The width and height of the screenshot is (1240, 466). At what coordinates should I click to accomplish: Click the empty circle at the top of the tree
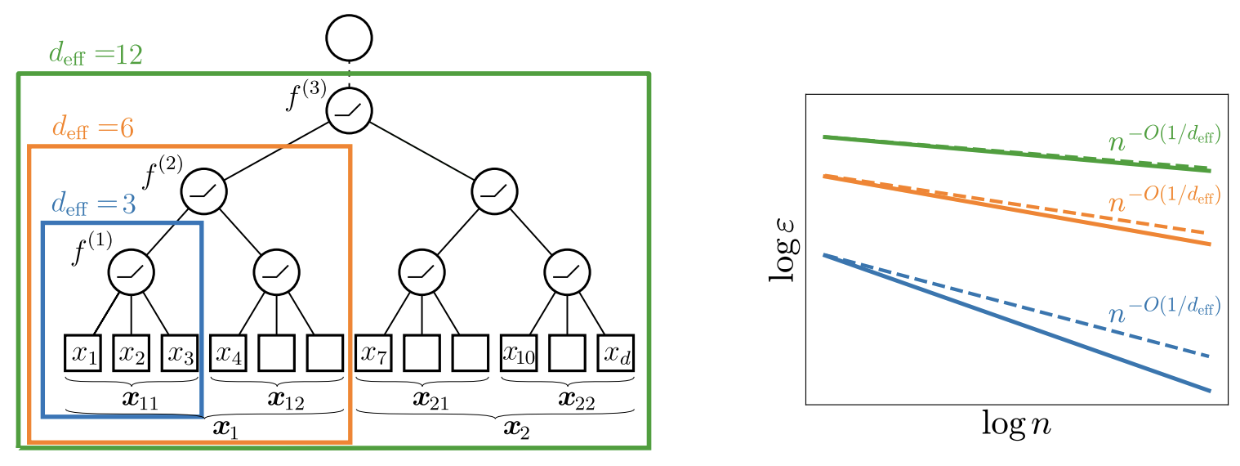[349, 38]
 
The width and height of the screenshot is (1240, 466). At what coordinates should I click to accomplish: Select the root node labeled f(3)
[349, 110]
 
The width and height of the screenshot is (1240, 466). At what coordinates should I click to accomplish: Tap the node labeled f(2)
[203, 192]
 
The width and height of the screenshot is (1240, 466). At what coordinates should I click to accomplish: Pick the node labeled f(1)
[132, 272]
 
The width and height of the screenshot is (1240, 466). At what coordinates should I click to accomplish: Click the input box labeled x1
[83, 352]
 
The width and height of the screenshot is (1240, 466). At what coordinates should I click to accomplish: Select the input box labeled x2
[131, 352]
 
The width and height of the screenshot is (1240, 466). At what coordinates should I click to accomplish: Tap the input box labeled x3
[180, 352]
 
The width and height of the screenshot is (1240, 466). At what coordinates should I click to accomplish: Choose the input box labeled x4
[228, 352]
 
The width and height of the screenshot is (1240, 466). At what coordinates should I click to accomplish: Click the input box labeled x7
[373, 352]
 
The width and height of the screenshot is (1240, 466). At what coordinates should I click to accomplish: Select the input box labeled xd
[615, 352]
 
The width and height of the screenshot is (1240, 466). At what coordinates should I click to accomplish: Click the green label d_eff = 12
[96, 55]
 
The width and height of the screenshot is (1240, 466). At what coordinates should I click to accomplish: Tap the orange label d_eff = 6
[92, 128]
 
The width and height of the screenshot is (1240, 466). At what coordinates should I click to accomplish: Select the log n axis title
[1015, 425]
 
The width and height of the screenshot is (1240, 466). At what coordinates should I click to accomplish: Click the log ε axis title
[785, 249]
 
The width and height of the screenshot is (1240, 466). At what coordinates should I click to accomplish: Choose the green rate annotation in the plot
[1163, 137]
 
